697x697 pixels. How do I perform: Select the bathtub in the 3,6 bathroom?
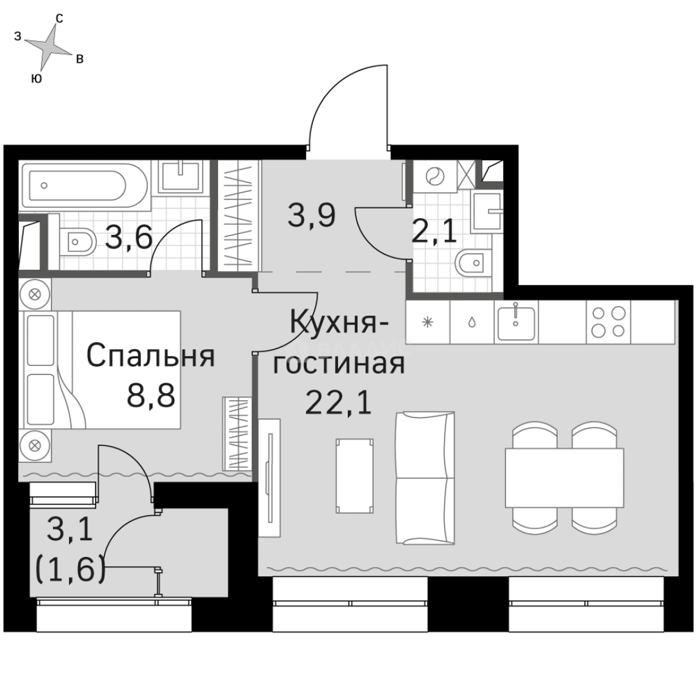pos(74,185)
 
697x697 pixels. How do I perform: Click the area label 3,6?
pos(128,238)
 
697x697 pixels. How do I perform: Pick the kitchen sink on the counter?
pos(516,321)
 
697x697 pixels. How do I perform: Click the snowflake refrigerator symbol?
pos(427,321)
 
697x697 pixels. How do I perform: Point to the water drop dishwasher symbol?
pos(472,321)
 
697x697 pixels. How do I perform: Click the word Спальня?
pos(150,356)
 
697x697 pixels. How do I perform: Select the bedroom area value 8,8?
pos(151,395)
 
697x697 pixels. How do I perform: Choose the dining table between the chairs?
pos(564,478)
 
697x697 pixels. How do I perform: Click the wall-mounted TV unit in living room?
pos(270,478)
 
